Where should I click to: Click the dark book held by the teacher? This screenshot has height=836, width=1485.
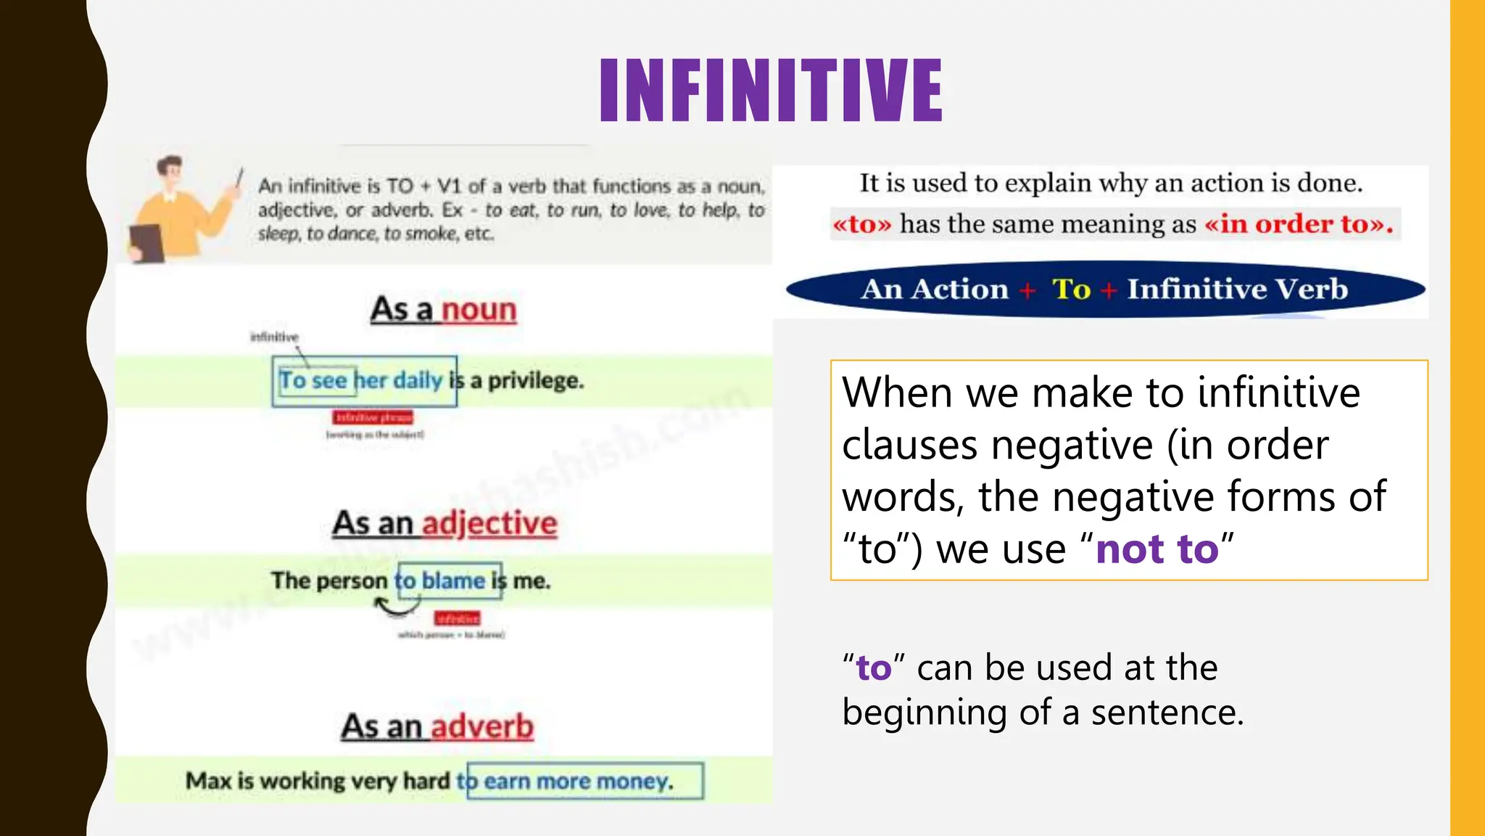pos(147,242)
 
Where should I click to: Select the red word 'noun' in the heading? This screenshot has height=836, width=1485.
pos(479,310)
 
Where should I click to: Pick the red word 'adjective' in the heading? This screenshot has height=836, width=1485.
pos(489,523)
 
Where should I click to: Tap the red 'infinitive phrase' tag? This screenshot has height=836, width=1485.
pos(373,417)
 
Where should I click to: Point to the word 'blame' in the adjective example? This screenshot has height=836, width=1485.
pos(453,581)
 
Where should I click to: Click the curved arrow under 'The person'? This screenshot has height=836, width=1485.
pos(395,607)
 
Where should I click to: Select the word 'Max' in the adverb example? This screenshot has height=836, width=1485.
pos(208,781)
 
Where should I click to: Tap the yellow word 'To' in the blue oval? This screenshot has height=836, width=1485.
pos(1071,290)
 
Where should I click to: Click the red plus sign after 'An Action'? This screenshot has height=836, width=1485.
pos(1027,290)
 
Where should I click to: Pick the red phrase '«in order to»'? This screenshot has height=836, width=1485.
pos(1299,224)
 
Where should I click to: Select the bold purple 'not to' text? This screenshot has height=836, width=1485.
pos(1157,549)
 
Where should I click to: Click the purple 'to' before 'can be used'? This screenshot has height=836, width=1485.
pos(874,668)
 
